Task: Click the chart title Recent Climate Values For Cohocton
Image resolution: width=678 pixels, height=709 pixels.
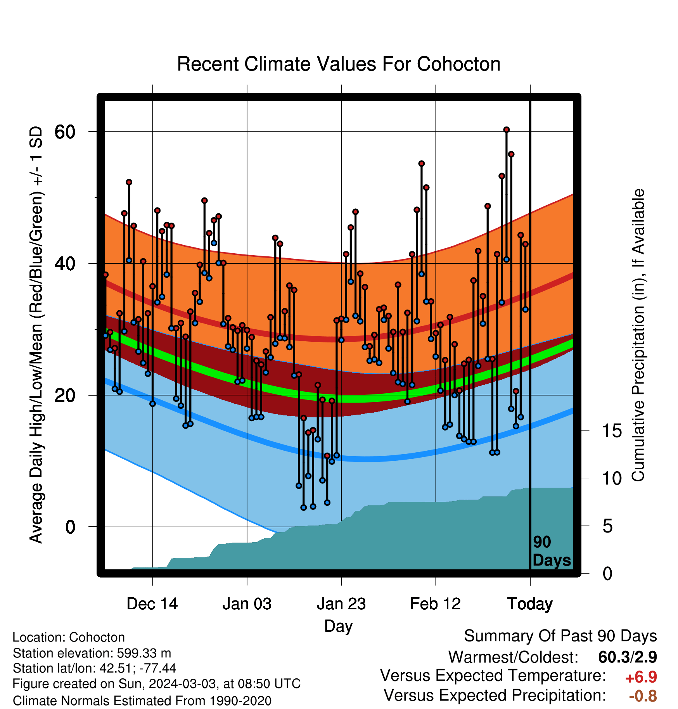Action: tap(339, 64)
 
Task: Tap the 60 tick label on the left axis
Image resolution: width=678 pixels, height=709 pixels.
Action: tap(65, 132)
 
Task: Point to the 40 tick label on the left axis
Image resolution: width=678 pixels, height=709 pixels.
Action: tap(65, 264)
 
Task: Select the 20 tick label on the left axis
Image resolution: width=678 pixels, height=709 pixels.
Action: tap(65, 396)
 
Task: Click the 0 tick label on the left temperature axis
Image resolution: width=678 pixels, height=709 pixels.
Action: tap(70, 527)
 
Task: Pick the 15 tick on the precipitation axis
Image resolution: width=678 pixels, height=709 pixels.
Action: tap(612, 431)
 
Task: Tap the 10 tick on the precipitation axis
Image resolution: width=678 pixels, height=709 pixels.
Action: tap(612, 478)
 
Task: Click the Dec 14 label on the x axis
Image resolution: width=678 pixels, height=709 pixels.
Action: tap(152, 604)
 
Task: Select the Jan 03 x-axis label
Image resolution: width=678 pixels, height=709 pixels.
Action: tap(247, 604)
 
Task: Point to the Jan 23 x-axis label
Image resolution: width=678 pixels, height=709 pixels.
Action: tap(341, 604)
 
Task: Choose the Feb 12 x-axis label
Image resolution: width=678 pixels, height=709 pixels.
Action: tap(435, 604)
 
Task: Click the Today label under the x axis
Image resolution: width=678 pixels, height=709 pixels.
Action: tap(530, 604)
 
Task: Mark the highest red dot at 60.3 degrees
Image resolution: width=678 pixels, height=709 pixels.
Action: tap(506, 130)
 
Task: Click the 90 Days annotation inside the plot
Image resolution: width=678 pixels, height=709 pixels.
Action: tap(552, 551)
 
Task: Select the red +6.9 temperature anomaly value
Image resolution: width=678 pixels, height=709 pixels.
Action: tap(641, 677)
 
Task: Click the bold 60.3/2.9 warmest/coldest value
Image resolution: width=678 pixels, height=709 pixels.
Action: tap(628, 657)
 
